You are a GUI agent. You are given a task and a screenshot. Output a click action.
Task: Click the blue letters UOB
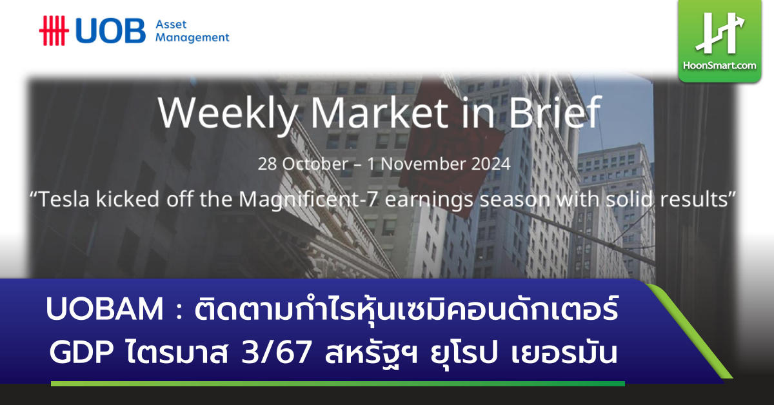(110, 30)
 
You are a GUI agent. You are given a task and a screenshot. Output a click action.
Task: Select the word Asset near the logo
(171, 24)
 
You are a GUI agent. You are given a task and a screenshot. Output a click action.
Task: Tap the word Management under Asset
(192, 37)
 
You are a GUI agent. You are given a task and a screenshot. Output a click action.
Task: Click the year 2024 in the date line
(490, 164)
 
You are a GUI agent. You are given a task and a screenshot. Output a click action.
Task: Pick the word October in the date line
(315, 164)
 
